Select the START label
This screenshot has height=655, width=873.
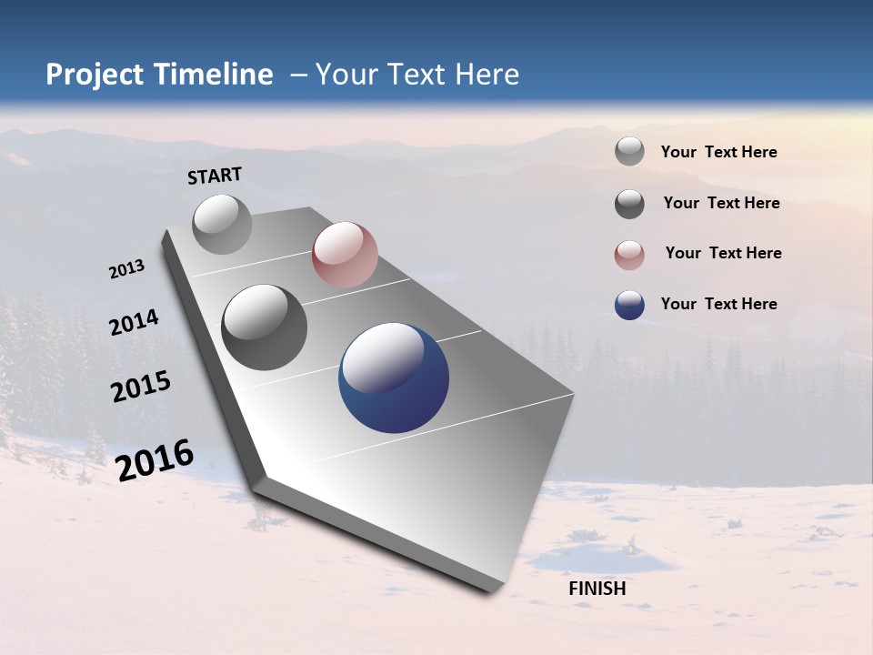pyautogui.click(x=215, y=176)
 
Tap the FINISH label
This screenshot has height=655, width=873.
pyautogui.click(x=597, y=589)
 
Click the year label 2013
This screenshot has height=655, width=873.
pyautogui.click(x=126, y=269)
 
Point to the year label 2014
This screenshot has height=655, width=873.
pyautogui.click(x=134, y=322)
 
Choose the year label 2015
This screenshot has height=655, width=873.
pyautogui.click(x=141, y=387)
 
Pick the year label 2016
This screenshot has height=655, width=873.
pyautogui.click(x=155, y=459)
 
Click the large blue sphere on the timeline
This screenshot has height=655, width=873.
pyautogui.click(x=394, y=378)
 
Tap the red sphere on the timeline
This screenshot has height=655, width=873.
pyautogui.click(x=345, y=256)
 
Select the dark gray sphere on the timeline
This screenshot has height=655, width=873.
pyautogui.click(x=265, y=327)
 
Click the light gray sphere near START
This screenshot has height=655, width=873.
pyautogui.click(x=223, y=225)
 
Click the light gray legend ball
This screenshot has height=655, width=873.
pyautogui.click(x=629, y=151)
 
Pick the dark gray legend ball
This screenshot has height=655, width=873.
pyautogui.click(x=629, y=204)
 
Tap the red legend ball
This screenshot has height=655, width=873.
pyautogui.click(x=629, y=255)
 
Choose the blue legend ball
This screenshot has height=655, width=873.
pyautogui.click(x=629, y=305)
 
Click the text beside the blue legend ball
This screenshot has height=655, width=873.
pyautogui.click(x=718, y=304)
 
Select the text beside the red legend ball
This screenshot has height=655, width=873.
pyautogui.click(x=723, y=253)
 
